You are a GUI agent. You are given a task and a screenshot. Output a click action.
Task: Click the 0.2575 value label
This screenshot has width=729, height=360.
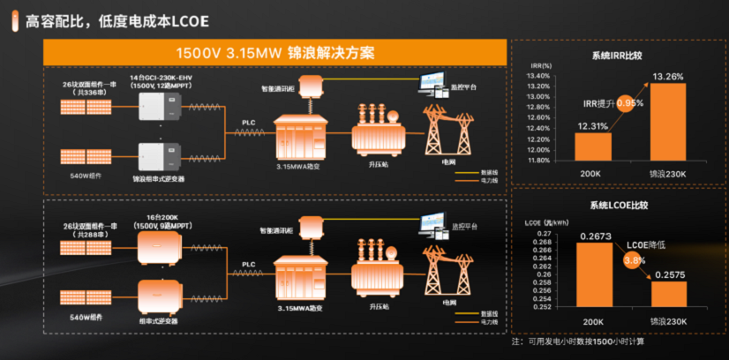[x=669, y=275]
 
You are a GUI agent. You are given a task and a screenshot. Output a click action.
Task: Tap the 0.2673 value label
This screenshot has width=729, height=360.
[x=593, y=236]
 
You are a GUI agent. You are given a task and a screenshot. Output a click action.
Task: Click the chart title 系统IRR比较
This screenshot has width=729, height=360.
[x=619, y=56]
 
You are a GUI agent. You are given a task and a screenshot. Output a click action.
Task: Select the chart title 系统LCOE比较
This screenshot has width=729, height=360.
[x=620, y=205]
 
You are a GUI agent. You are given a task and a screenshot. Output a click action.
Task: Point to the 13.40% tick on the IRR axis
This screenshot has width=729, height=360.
[x=538, y=76]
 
